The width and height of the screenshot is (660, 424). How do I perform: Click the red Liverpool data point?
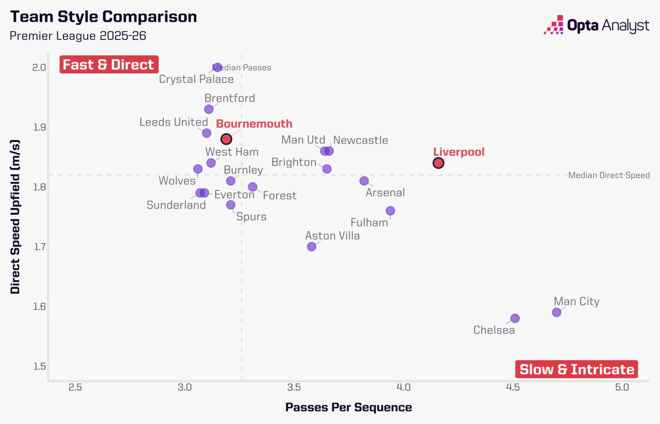pyautogui.click(x=438, y=163)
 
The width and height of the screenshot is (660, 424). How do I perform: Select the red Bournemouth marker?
pyautogui.click(x=226, y=139)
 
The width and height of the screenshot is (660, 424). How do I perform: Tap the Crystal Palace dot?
pyautogui.click(x=217, y=67)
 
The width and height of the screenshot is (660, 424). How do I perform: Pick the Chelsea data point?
pyautogui.click(x=515, y=318)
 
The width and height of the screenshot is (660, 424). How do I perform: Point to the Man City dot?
pyautogui.click(x=556, y=312)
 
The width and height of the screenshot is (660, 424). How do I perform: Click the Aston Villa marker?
pyautogui.click(x=312, y=247)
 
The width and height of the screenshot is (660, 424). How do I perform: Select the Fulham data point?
pyautogui.click(x=391, y=210)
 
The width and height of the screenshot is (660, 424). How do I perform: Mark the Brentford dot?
pyautogui.click(x=209, y=109)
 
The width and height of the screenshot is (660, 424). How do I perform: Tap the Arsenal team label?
pyautogui.click(x=385, y=193)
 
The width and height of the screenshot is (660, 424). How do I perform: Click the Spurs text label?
pyautogui.click(x=251, y=217)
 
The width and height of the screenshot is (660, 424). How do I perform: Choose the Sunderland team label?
pyautogui.click(x=176, y=205)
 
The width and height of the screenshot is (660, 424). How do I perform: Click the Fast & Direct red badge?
pyautogui.click(x=109, y=64)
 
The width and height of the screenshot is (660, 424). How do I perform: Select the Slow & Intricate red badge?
pyautogui.click(x=577, y=369)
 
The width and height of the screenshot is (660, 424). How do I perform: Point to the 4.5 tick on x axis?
pyautogui.click(x=513, y=387)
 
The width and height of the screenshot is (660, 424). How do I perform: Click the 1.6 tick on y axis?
pyautogui.click(x=39, y=307)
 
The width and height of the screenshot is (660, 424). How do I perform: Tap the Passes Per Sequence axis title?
pyautogui.click(x=348, y=408)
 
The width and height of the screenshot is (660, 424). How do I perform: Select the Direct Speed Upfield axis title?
pyautogui.click(x=15, y=217)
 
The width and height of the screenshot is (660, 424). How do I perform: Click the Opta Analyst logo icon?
pyautogui.click(x=553, y=25)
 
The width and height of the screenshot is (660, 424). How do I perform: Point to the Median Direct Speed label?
pyautogui.click(x=609, y=175)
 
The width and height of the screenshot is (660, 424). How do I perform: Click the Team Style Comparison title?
pyautogui.click(x=104, y=16)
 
